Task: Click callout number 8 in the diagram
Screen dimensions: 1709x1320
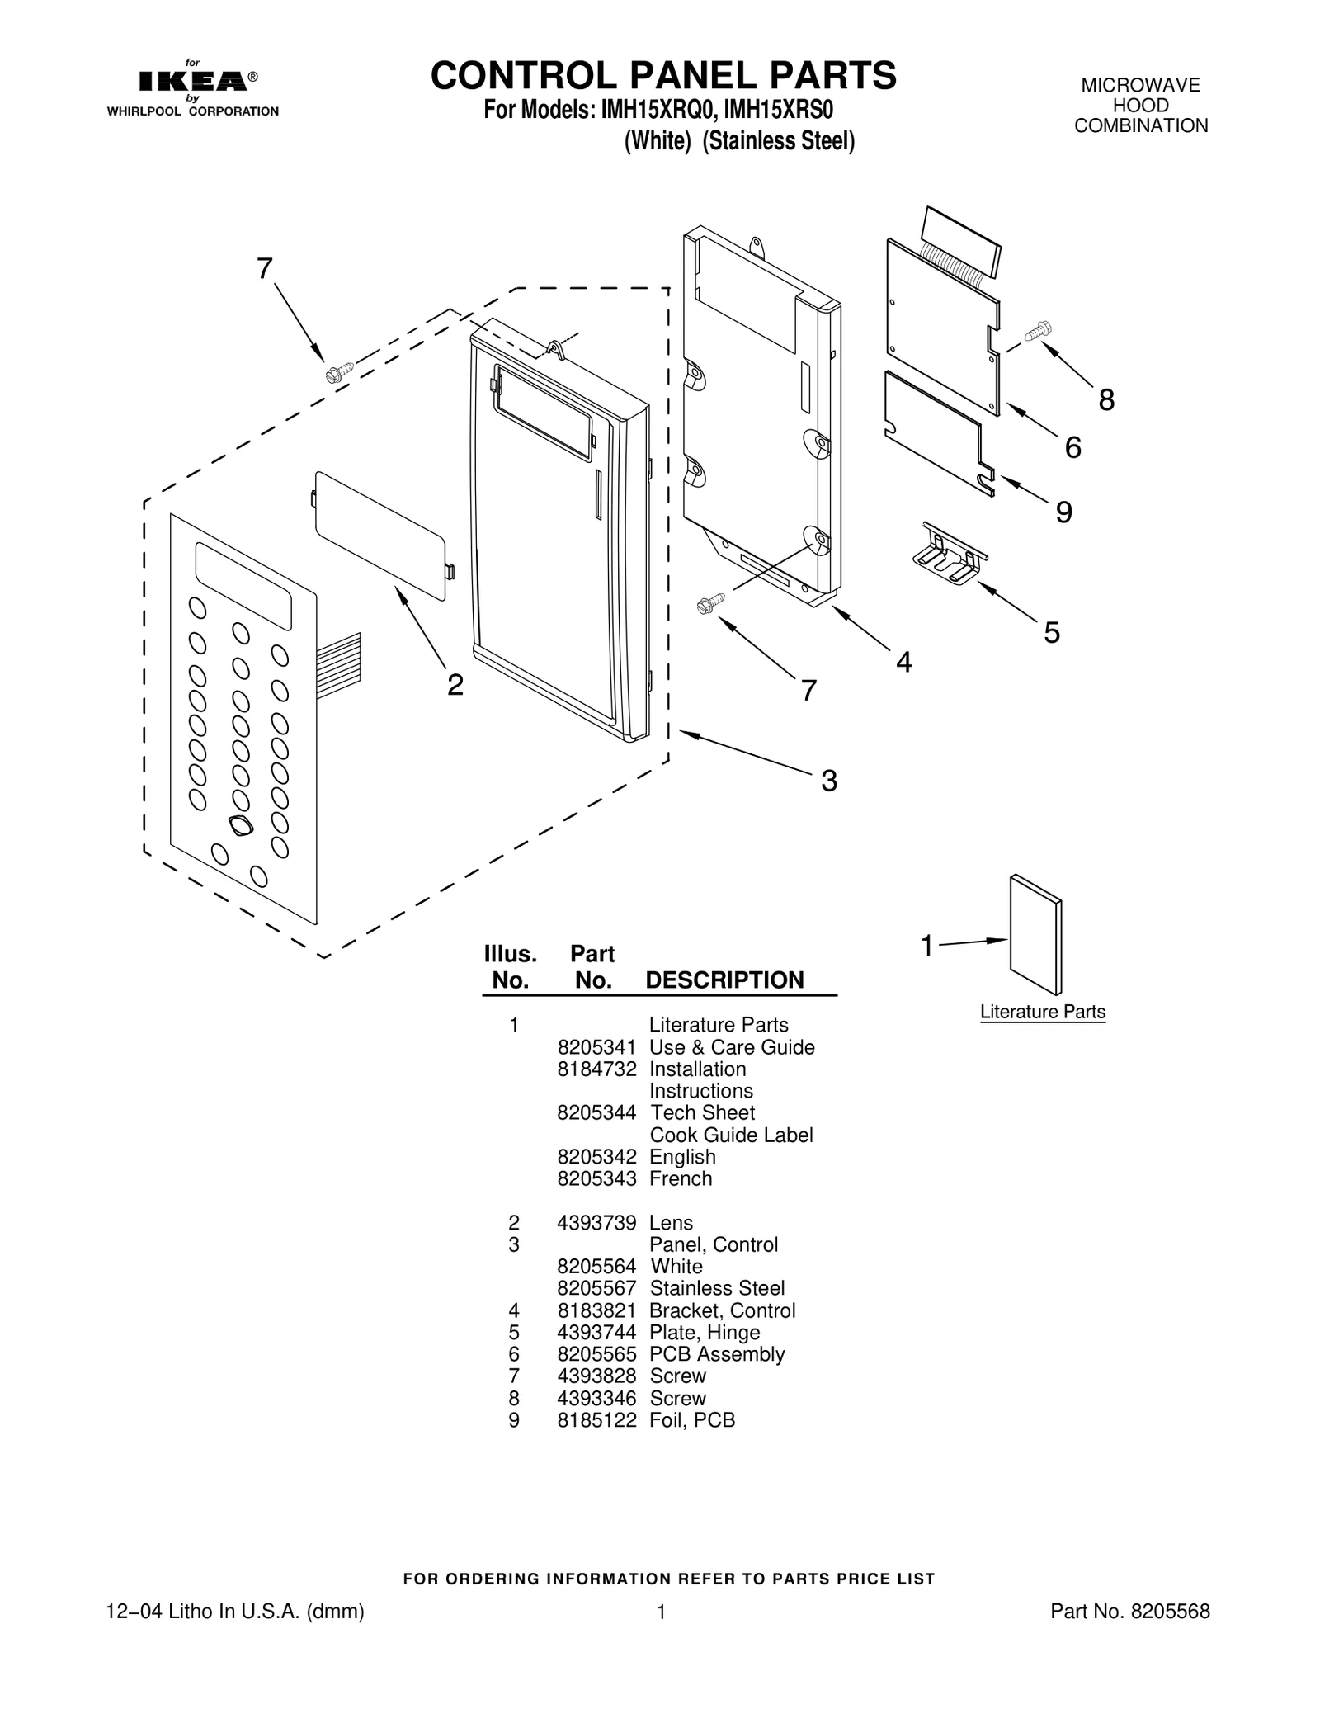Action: [x=1105, y=400]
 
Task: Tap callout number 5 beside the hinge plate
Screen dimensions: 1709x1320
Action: [x=1051, y=633]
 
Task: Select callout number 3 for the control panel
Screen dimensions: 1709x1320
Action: [x=828, y=780]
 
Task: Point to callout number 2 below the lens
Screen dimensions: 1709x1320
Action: [x=455, y=684]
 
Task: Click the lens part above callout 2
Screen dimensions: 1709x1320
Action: [x=380, y=534]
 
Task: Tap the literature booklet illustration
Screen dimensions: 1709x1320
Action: [x=1036, y=934]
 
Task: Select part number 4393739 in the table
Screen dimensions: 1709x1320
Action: [x=596, y=1223]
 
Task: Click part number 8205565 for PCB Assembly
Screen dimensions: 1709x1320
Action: [x=596, y=1354]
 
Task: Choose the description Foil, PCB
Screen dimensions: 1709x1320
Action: [x=691, y=1420]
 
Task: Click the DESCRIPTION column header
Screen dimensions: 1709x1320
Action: [x=724, y=980]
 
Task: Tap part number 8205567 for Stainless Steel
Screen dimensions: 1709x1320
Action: [x=596, y=1288]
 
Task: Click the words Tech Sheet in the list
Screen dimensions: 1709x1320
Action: [x=702, y=1112]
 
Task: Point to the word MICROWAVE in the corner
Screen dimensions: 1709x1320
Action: [x=1140, y=86]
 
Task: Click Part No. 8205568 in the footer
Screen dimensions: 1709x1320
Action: [x=1129, y=1612]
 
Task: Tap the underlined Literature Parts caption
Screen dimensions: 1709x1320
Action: [x=1042, y=1012]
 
